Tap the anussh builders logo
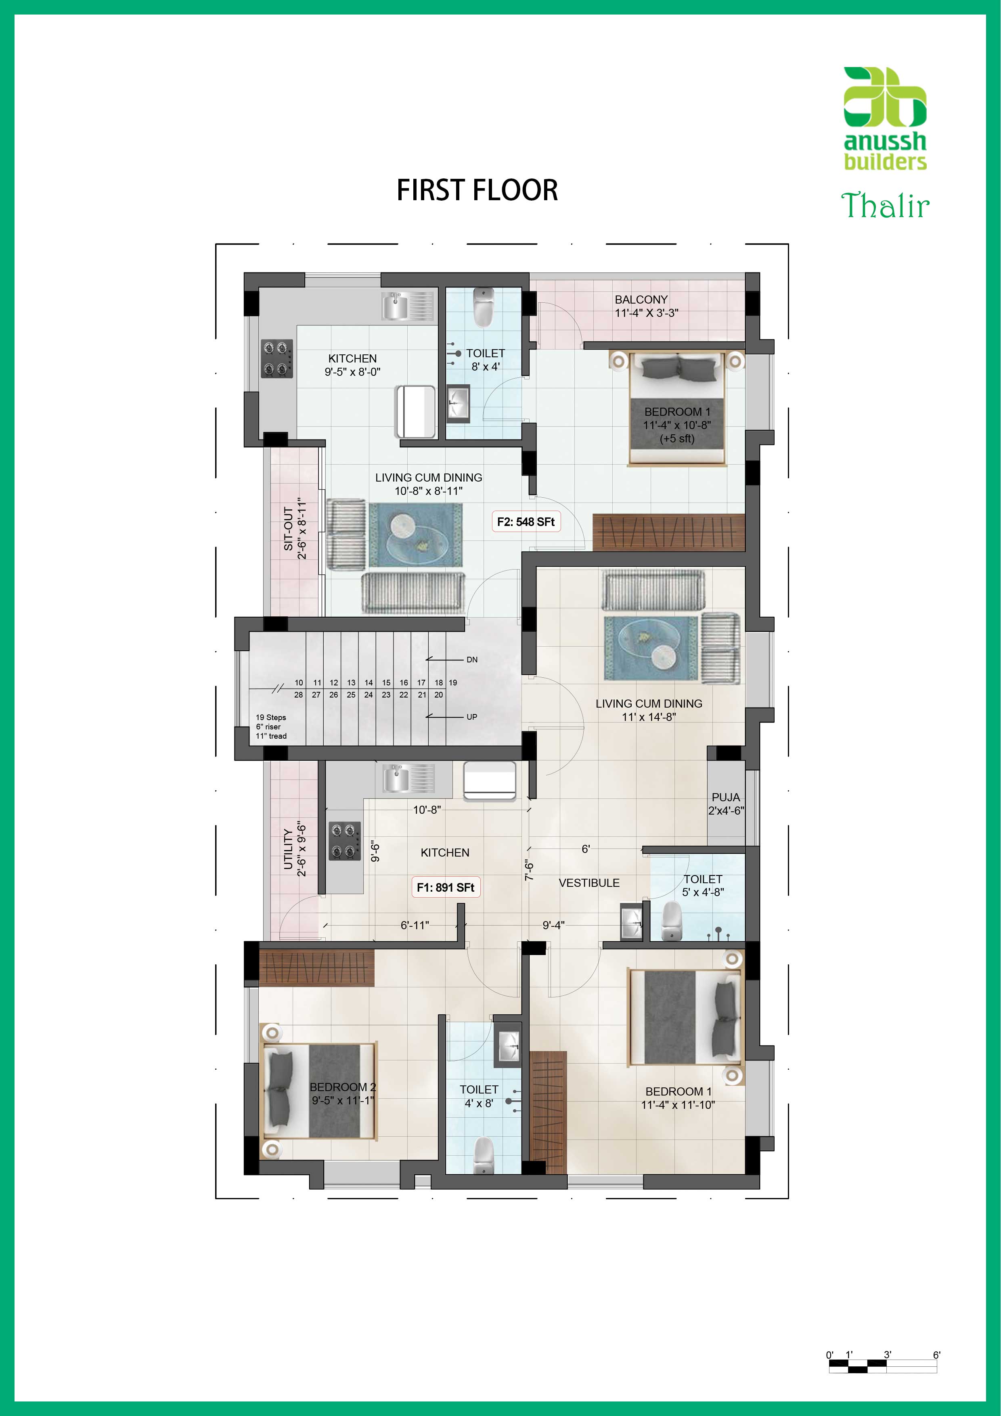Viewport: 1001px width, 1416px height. pyautogui.click(x=885, y=118)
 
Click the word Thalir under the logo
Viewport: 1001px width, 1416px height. pyautogui.click(x=885, y=205)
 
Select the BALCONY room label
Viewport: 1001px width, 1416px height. pyautogui.click(x=641, y=299)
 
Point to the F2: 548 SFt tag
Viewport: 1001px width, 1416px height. pyautogui.click(x=526, y=522)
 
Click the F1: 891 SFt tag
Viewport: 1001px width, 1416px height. pyautogui.click(x=445, y=888)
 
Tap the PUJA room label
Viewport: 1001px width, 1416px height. pyautogui.click(x=725, y=798)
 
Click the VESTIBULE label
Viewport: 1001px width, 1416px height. pyautogui.click(x=589, y=883)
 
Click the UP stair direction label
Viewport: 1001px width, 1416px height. pyautogui.click(x=472, y=716)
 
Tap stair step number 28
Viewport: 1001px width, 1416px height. pyautogui.click(x=299, y=694)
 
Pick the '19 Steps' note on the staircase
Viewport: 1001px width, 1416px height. pyautogui.click(x=271, y=717)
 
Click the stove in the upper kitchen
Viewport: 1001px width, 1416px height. pyautogui.click(x=276, y=358)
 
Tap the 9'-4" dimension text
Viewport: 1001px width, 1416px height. pyautogui.click(x=553, y=925)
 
